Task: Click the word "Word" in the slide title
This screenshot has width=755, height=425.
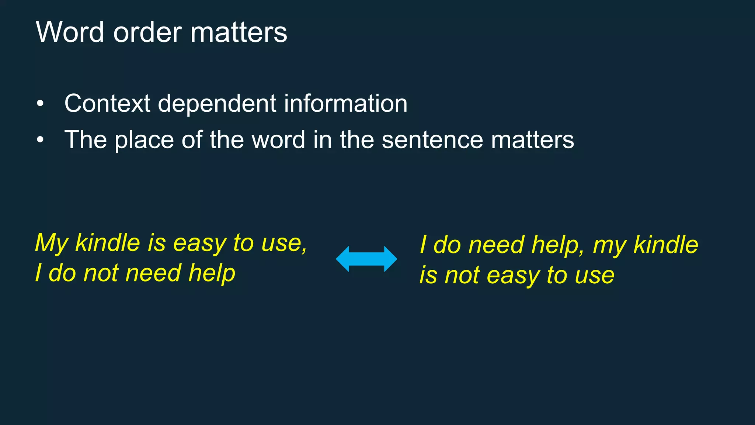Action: (x=70, y=32)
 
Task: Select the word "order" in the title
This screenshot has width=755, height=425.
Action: (x=147, y=32)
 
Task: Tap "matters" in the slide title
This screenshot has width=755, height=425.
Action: (x=239, y=32)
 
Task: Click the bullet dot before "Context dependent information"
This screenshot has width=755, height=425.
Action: (x=40, y=104)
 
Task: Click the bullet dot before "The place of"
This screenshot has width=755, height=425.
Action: (x=40, y=140)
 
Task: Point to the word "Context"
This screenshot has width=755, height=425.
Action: (x=107, y=103)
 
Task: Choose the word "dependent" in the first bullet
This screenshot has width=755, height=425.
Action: (x=217, y=104)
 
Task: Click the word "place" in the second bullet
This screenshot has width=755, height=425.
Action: (x=144, y=140)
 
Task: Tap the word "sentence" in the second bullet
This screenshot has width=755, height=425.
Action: (x=432, y=140)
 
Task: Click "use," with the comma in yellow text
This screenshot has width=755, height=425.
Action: (x=284, y=243)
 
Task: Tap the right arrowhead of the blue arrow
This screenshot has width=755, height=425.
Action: (x=390, y=259)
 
